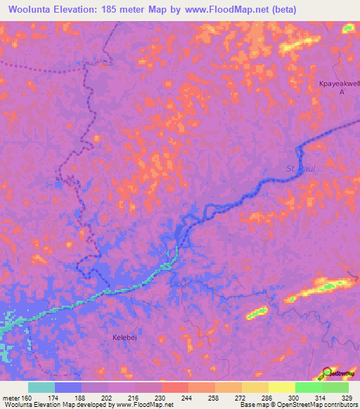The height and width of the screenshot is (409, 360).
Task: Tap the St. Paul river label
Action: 300,169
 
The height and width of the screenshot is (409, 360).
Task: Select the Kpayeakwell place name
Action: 340,83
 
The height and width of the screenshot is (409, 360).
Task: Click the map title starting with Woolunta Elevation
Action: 148,10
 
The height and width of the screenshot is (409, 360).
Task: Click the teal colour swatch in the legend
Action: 41,387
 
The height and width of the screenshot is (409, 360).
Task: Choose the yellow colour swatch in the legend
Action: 281,387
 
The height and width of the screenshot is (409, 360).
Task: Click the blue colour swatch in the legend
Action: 68,387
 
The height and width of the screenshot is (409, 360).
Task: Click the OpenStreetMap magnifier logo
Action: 328,372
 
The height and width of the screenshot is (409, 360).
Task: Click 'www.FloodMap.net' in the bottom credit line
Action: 146,405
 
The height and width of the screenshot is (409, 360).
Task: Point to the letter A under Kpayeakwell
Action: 342,92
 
